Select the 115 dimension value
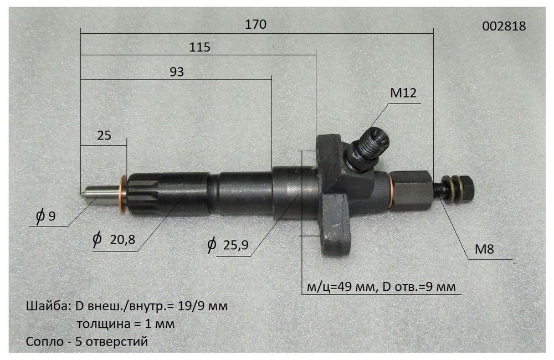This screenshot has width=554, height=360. click(x=199, y=48)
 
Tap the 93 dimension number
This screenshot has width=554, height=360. click(x=176, y=71)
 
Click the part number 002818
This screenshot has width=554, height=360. click(x=504, y=25)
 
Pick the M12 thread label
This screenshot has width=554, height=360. click(x=403, y=94)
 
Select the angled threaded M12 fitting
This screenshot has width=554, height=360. click(x=369, y=146)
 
